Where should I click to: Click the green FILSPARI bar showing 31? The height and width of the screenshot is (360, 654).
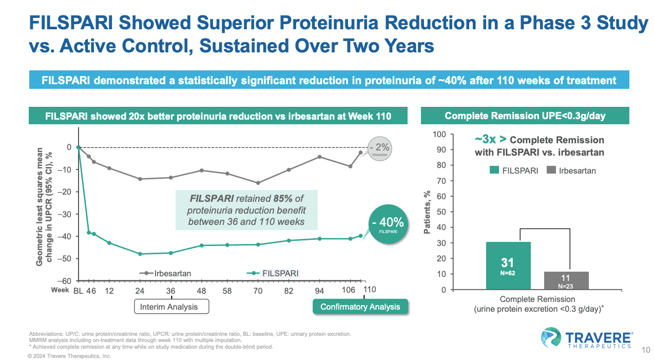pos(508,266)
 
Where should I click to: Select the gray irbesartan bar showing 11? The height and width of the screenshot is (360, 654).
pos(566,280)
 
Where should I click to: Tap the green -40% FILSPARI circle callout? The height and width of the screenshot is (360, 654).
pos(391,225)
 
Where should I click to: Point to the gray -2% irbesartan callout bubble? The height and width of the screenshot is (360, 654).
pos(379,149)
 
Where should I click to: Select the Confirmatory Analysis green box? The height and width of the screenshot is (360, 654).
pos(360,307)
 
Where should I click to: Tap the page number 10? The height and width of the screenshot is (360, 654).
pos(646,350)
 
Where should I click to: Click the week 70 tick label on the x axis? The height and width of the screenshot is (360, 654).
pos(258,290)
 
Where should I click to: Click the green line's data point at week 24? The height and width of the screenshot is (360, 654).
pos(140,254)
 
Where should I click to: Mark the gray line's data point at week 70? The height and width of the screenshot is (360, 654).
pos(258,183)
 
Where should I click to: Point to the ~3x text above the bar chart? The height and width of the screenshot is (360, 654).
pos(485,140)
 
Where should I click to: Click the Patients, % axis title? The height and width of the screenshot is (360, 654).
pos(426,212)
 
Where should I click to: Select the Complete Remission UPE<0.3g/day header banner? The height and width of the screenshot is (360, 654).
pos(525,116)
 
